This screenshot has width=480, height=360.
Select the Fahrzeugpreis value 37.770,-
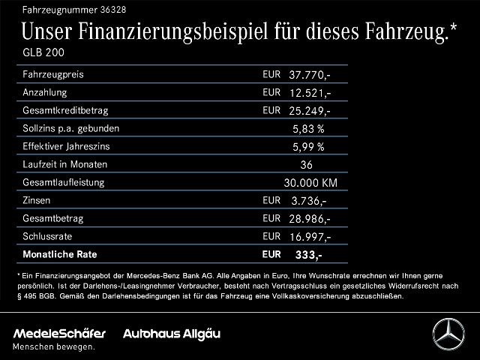point(310,75)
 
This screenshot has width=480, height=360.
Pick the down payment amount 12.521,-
point(310,93)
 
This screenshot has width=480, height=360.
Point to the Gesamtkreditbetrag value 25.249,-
point(310,110)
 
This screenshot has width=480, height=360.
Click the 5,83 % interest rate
point(308,128)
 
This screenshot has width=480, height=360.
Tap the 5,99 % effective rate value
point(308,146)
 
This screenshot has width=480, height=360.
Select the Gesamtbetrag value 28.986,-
point(310,218)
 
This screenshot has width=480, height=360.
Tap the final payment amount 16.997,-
point(310,236)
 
